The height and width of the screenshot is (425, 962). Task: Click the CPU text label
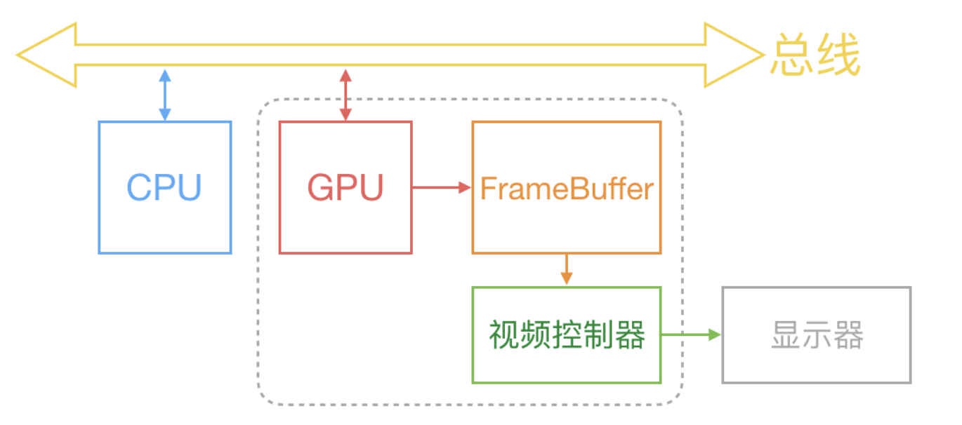(164, 187)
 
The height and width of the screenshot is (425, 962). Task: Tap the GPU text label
(345, 187)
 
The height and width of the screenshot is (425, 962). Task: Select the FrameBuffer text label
(567, 188)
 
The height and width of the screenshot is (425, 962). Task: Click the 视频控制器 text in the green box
(567, 335)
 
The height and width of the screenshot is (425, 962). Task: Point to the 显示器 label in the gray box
(817, 335)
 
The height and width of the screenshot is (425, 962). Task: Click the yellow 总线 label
(815, 55)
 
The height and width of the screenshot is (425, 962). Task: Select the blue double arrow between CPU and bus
(165, 95)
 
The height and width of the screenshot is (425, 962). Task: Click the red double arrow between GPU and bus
(345, 95)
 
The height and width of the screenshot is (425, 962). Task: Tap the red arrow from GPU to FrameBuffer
(442, 187)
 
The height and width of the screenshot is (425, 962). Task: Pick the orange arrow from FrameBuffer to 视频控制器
(567, 269)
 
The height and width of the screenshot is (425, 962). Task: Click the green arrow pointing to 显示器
(691, 335)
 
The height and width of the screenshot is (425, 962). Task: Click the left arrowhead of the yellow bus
(46, 55)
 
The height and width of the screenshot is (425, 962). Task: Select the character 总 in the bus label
(791, 55)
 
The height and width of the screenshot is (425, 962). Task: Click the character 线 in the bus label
(838, 55)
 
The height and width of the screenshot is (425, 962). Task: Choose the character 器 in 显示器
(848, 335)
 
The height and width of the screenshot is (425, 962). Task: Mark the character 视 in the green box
(504, 335)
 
